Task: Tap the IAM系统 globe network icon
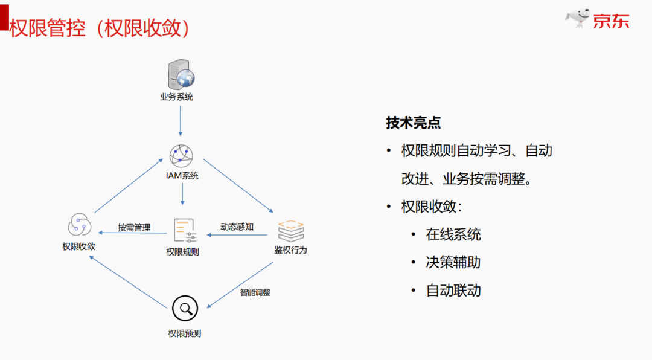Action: pos(181,156)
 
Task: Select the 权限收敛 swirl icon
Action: pos(79,225)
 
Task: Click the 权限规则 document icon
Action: pos(185,231)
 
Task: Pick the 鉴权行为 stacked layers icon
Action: pos(290,231)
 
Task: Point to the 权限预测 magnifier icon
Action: pos(185,309)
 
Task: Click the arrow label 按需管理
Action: pos(134,228)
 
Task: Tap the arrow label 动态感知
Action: pos(237,227)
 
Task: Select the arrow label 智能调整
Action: pos(255,292)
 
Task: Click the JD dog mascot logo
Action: pos(578,18)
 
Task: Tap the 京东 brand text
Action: pos(610,21)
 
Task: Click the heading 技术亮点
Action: pos(414,123)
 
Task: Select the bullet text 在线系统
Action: pos(453,234)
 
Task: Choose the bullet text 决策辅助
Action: pos(453,262)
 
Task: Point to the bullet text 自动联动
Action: pos(453,290)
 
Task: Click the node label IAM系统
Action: pos(182,176)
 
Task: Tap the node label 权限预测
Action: pos(185,333)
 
